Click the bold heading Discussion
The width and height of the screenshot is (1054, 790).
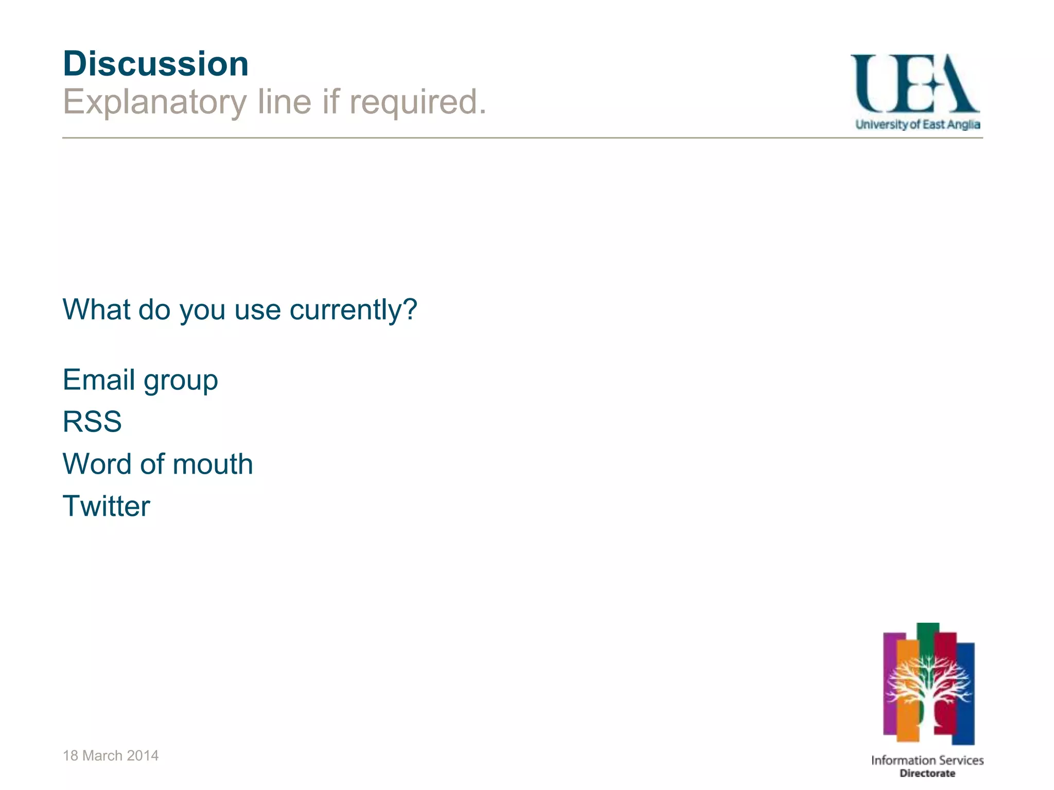pos(155,64)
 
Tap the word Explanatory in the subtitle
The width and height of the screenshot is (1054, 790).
pos(155,102)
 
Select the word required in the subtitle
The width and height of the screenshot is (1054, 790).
pos(417,102)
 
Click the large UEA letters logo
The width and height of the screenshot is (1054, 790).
pos(915,84)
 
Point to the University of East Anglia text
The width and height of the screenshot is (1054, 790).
pos(918,124)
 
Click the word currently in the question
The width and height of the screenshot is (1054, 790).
pos(345,310)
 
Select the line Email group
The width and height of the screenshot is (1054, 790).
pos(140,380)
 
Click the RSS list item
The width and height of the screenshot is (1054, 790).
pos(92,422)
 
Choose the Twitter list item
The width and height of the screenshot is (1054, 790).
pos(107,506)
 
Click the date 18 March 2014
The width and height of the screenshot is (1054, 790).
pos(111,756)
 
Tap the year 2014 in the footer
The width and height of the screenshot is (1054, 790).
pos(143,756)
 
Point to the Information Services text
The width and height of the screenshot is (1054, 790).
pos(927,760)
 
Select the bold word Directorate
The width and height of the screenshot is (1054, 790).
pos(927,774)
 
